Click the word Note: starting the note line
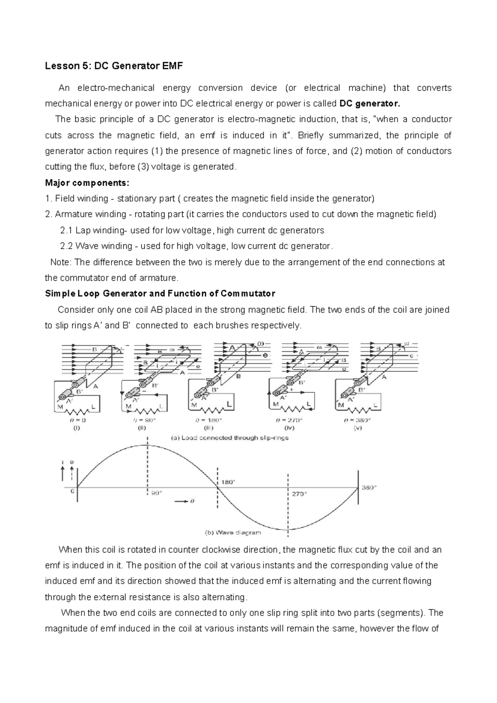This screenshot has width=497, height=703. coord(61,262)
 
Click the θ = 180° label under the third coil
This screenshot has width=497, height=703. coord(209,420)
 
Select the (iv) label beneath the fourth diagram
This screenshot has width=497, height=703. coord(290,428)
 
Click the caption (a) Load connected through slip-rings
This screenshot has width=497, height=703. coord(229,438)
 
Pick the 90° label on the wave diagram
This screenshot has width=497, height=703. coord(156,493)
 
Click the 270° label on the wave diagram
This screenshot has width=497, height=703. coord(299,494)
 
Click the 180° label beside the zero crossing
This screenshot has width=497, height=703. coord(228,482)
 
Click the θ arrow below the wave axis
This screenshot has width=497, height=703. coord(184,501)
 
